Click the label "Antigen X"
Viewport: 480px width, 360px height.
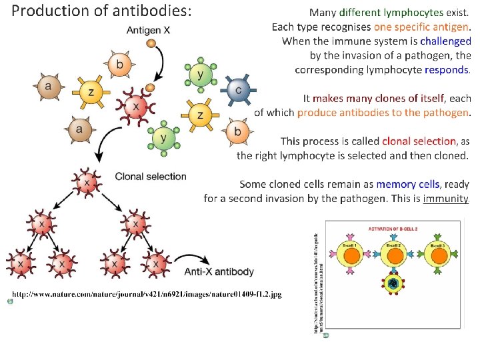click(148, 31)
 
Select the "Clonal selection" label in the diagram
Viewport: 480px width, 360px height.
click(151, 177)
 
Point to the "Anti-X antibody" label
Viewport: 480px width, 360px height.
click(219, 271)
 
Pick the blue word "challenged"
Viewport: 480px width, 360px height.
click(445, 41)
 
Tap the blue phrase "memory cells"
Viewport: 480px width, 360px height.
click(407, 184)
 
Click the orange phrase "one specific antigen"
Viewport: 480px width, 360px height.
click(421, 27)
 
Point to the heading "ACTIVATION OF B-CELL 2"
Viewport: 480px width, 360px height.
click(393, 229)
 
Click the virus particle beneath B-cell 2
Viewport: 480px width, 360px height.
click(393, 285)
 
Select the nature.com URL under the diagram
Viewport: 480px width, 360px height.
click(146, 294)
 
